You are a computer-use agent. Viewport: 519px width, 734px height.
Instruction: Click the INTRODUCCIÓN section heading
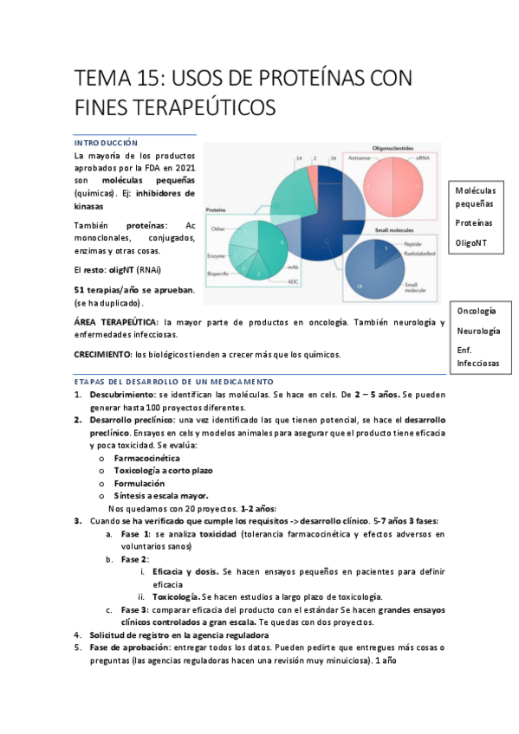[106, 142]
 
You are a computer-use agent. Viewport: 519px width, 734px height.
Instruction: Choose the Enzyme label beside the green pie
[217, 256]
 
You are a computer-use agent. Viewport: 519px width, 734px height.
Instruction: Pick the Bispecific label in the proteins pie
[218, 272]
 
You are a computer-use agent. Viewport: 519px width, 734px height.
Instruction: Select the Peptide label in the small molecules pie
[413, 245]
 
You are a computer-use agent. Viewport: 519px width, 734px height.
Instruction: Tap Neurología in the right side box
[477, 331]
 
